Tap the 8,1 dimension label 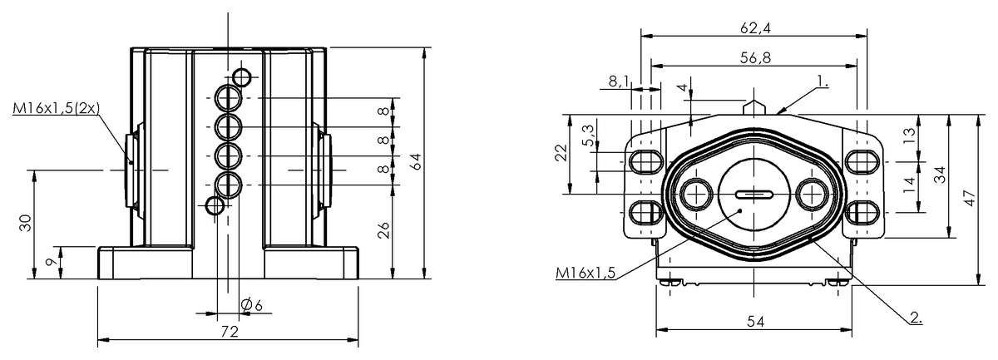pos(619,81)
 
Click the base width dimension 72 pos(230,331)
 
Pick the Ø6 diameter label pos(251,305)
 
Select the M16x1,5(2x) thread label pos(57,108)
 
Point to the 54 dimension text pos(753,320)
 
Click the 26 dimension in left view pos(384,230)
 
